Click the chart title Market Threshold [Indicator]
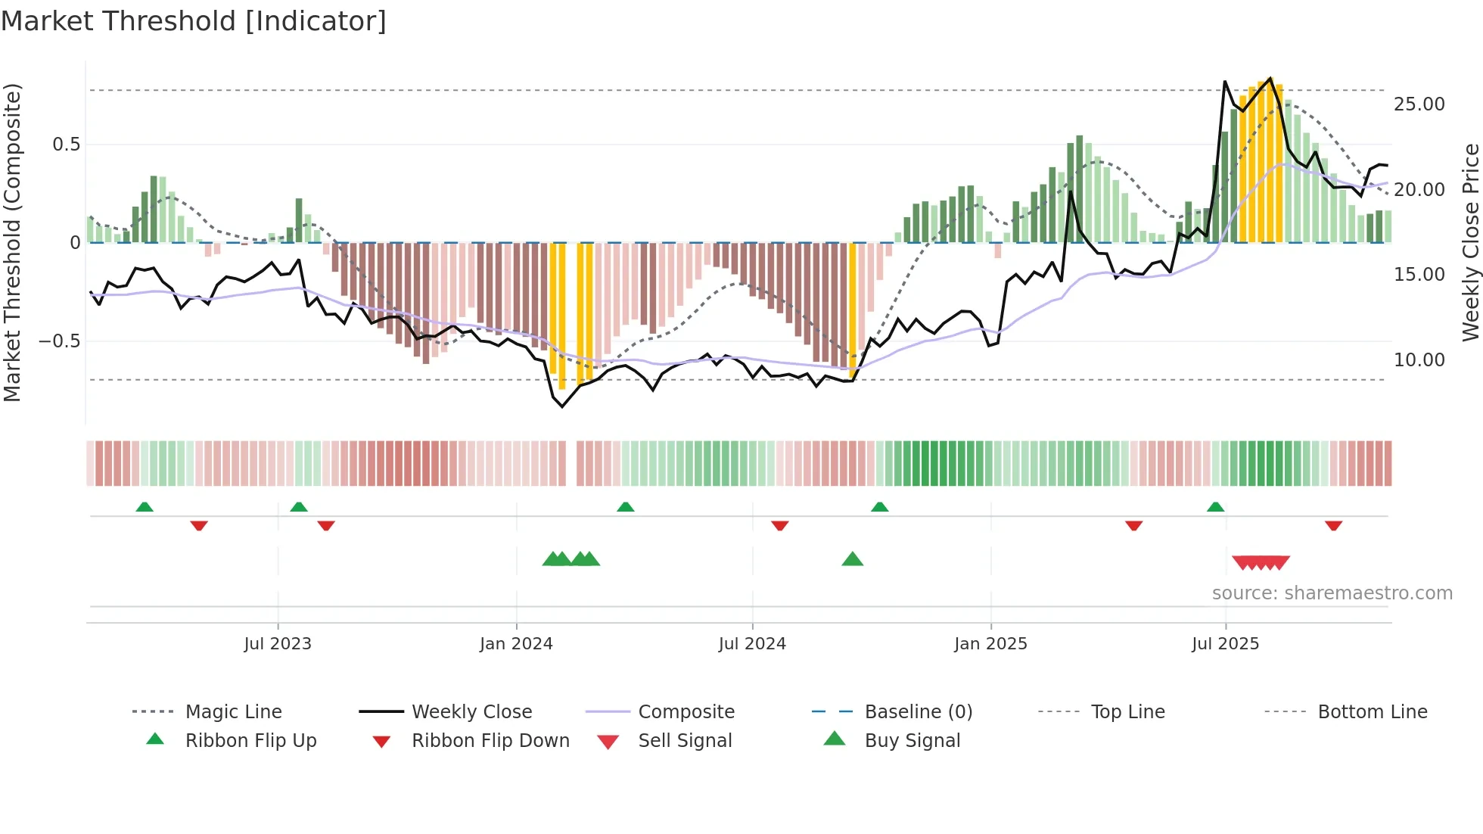194,21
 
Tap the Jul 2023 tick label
278,643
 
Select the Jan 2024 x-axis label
516,643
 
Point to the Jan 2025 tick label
990,643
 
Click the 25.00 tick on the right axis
1419,104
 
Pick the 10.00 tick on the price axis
1419,359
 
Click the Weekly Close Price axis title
1470,242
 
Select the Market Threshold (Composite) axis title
12,242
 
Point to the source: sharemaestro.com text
1332,593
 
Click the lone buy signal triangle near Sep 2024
852,559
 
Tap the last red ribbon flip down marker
1333,525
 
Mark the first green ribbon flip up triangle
145,507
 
